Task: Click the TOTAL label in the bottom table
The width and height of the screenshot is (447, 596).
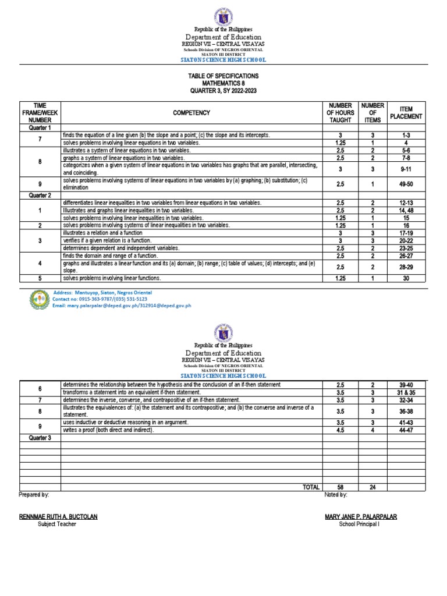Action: click(310, 487)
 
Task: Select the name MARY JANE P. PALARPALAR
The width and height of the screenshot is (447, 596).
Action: click(361, 516)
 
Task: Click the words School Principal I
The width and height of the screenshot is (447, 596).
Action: click(361, 524)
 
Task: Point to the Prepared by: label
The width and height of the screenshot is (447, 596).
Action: click(34, 494)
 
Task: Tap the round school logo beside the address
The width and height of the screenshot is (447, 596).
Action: click(40, 299)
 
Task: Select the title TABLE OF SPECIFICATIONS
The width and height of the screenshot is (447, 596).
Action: click(223, 76)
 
